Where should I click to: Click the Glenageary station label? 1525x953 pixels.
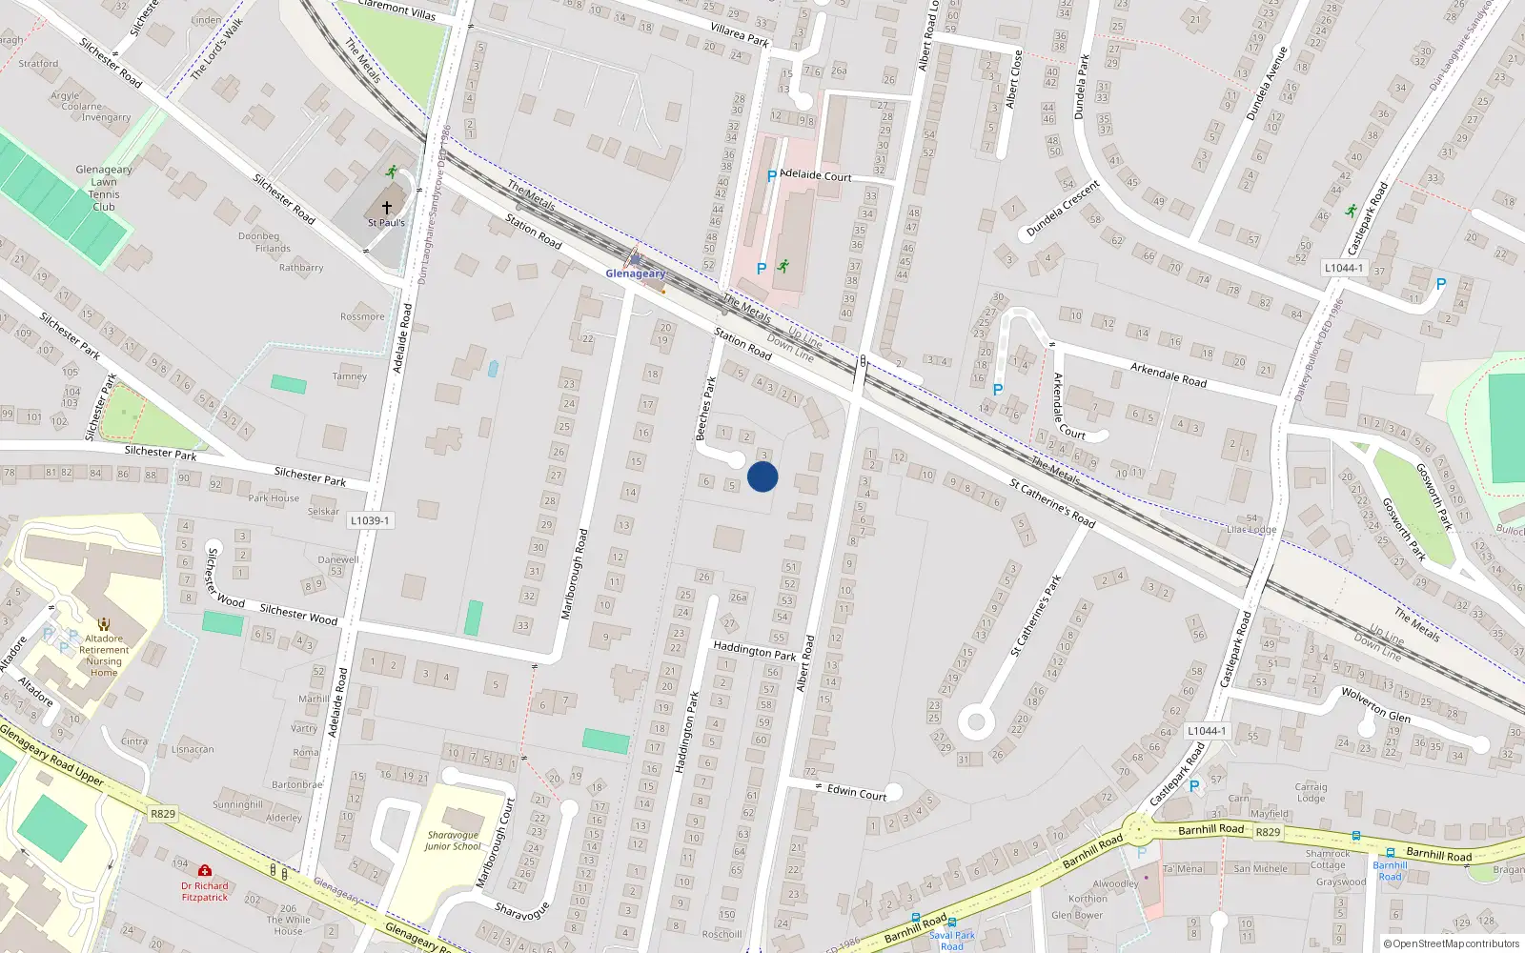tap(635, 274)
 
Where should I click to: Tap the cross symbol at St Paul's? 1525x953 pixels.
tap(387, 207)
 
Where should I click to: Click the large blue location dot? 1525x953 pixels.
tap(762, 476)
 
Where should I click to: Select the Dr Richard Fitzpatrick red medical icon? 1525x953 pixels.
tap(204, 870)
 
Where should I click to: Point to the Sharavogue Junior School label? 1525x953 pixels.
tap(453, 841)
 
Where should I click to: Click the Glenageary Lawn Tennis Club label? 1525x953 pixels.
tap(104, 188)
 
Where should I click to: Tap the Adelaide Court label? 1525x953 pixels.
tap(815, 175)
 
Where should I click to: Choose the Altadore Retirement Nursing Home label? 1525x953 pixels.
tap(104, 656)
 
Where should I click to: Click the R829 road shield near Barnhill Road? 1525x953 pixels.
tap(1268, 832)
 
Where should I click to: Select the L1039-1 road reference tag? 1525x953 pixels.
tap(370, 520)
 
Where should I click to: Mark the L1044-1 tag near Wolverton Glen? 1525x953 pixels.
tap(1206, 731)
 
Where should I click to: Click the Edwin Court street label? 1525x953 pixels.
tap(856, 792)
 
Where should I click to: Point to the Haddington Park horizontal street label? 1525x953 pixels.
tap(755, 651)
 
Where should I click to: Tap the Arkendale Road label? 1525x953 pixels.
tap(1168, 375)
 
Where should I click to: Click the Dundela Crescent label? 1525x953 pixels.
tap(1063, 210)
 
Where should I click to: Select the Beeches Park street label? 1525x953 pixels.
tap(705, 408)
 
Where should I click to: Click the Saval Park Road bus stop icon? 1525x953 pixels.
tap(951, 923)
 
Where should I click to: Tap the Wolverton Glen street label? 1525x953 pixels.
tap(1375, 704)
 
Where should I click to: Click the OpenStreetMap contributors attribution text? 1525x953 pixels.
tap(1455, 943)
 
